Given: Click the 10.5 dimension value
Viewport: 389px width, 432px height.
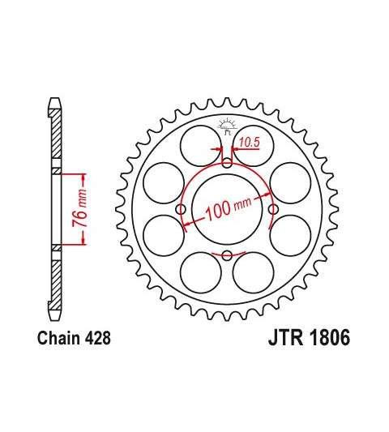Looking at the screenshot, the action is point(249,142).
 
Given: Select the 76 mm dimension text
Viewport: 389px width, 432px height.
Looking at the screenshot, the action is point(79,208).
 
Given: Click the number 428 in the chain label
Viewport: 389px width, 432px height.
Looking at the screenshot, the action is point(98,338).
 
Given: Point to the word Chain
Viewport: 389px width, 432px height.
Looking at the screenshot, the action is point(59,338).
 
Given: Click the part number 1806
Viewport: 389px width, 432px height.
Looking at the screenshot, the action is point(330,337).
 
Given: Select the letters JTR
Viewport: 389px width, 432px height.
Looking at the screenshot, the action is point(287,337).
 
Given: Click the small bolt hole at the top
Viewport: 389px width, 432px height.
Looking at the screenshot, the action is point(227,163).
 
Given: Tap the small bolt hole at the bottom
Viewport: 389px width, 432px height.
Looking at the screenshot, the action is point(227,255).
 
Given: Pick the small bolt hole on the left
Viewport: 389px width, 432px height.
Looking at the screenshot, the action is point(181,209).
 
